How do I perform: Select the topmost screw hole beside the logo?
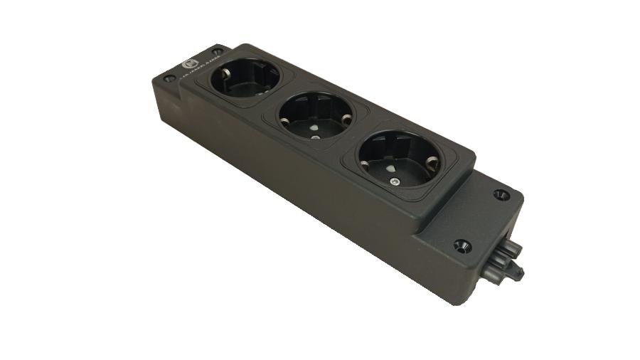pyautogui.click(x=216, y=51)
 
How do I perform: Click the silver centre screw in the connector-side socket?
pyautogui.click(x=394, y=184)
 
